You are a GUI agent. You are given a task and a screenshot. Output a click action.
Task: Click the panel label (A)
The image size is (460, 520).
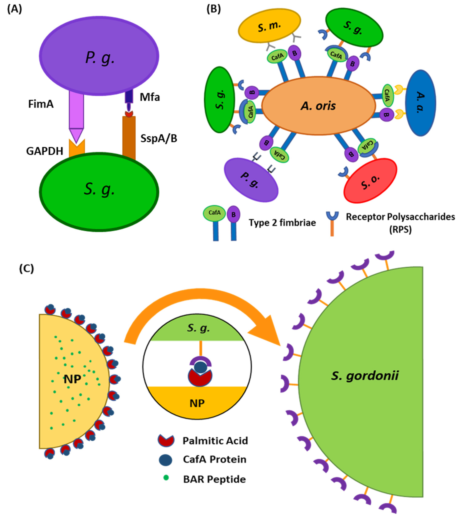point(14,9)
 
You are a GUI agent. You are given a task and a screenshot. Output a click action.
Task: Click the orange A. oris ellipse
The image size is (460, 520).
point(318,106)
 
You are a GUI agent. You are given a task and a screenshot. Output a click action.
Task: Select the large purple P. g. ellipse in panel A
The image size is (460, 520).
point(99,56)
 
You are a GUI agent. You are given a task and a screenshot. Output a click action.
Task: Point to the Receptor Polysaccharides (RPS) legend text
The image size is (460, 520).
point(400,223)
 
